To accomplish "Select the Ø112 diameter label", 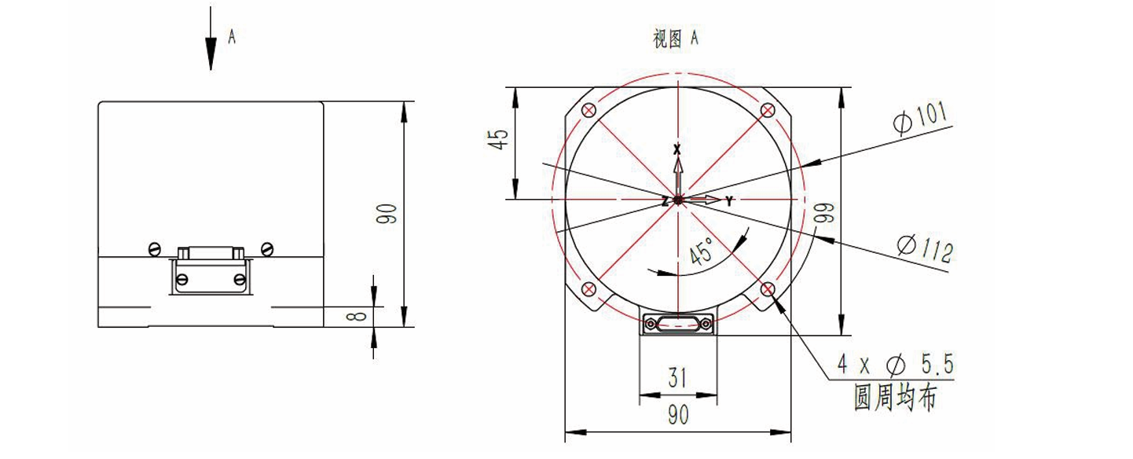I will pyautogui.click(x=926, y=250).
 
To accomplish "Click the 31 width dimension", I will pyautogui.click(x=677, y=379).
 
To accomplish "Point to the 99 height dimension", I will pyautogui.click(x=823, y=214).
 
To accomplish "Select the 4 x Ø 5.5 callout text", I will pyautogui.click(x=895, y=364).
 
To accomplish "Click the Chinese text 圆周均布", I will pyautogui.click(x=895, y=398).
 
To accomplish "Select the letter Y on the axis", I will pyautogui.click(x=729, y=202).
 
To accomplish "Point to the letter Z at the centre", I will pyautogui.click(x=665, y=202).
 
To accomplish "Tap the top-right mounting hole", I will pyautogui.click(x=767, y=110).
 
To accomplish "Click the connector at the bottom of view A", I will pyautogui.click(x=678, y=323).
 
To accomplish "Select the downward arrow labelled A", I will pyautogui.click(x=211, y=39).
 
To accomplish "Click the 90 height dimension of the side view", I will pyautogui.click(x=387, y=214).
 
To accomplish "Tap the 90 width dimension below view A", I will pyautogui.click(x=677, y=415).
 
